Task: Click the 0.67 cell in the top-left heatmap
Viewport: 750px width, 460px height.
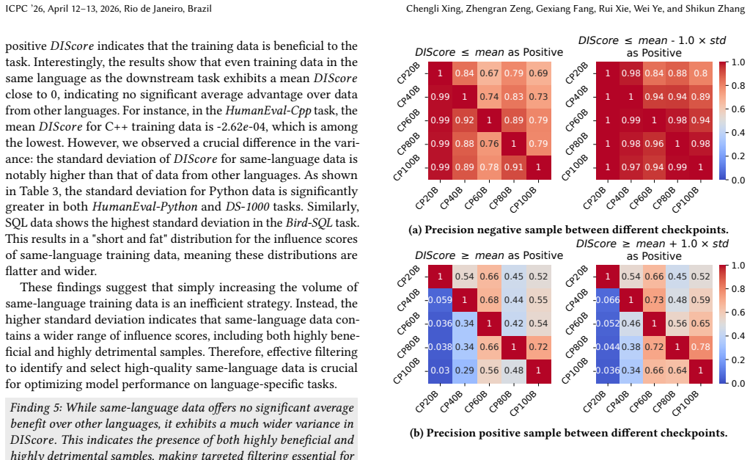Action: pyautogui.click(x=489, y=73)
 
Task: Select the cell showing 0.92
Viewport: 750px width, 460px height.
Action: pyautogui.click(x=465, y=120)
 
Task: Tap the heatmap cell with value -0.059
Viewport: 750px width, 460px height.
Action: pyautogui.click(x=440, y=300)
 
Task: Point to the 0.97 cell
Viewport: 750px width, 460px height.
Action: pyautogui.click(x=631, y=167)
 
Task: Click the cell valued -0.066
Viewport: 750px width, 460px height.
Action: pyautogui.click(x=608, y=300)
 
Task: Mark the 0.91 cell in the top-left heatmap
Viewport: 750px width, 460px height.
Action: pyautogui.click(x=514, y=167)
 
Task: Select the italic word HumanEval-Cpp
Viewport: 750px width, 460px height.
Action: pyautogui.click(x=268, y=111)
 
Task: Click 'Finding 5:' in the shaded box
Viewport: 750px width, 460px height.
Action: pyautogui.click(x=36, y=408)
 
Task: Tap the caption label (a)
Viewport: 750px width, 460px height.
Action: pyautogui.click(x=415, y=230)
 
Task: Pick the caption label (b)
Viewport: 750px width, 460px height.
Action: pyautogui.click(x=416, y=433)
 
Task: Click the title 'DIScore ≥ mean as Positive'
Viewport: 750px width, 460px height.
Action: pyautogui.click(x=489, y=255)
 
